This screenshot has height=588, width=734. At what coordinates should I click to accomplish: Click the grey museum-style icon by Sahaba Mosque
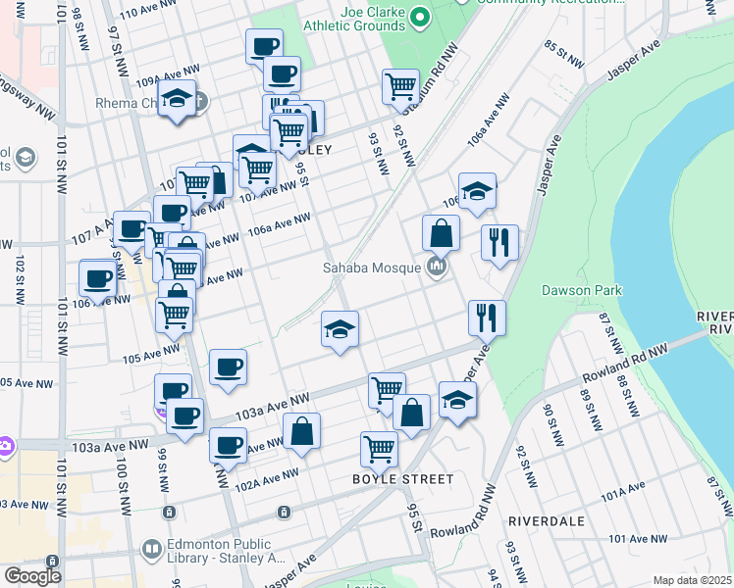pyautogui.click(x=438, y=267)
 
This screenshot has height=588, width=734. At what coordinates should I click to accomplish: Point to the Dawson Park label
pyautogui.click(x=581, y=290)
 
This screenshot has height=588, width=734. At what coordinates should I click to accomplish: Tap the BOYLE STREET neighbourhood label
pyautogui.click(x=403, y=479)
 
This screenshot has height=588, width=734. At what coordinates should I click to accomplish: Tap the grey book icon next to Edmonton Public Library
pyautogui.click(x=151, y=551)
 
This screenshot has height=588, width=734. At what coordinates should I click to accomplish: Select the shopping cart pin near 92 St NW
pyautogui.click(x=400, y=86)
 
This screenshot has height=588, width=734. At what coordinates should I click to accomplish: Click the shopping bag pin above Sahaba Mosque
pyautogui.click(x=441, y=233)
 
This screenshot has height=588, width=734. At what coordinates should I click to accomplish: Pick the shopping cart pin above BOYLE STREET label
pyautogui.click(x=379, y=449)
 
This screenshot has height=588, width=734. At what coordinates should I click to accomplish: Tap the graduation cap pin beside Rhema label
pyautogui.click(x=177, y=100)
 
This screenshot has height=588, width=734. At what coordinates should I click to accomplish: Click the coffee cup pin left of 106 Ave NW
pyautogui.click(x=97, y=277)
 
